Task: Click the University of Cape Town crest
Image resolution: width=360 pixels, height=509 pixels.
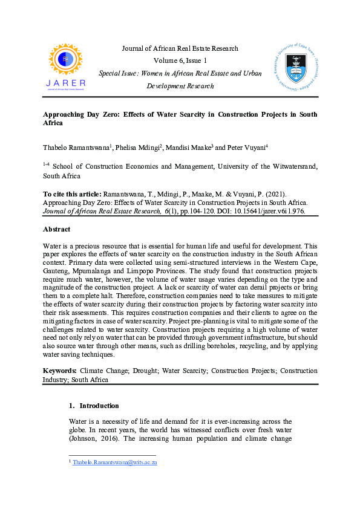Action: point(295,63)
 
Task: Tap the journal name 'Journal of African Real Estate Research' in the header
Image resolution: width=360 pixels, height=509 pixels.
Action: point(180,48)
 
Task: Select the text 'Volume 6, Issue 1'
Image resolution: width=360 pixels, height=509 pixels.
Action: point(180,60)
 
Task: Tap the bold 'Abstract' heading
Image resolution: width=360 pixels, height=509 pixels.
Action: point(57,230)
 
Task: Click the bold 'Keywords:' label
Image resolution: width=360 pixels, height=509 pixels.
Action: point(59,370)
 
